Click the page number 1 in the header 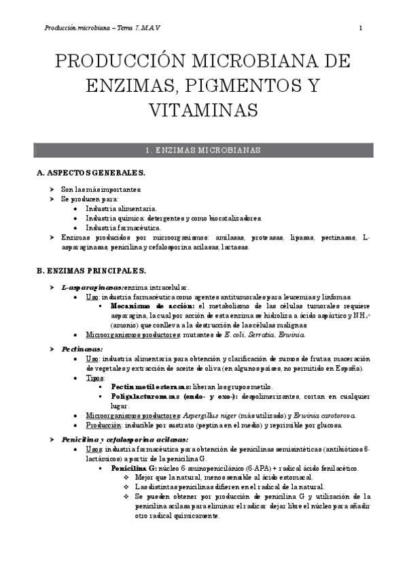click(x=360, y=28)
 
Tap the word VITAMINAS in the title click(x=203, y=110)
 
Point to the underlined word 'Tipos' click(x=95, y=377)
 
